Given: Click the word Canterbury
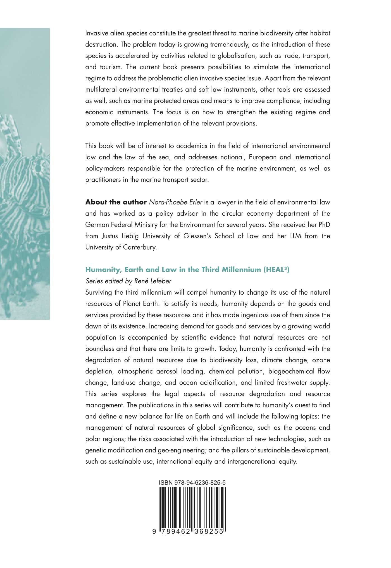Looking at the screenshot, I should click(x=140, y=247).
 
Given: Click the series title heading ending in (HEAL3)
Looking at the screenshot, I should click(x=187, y=270).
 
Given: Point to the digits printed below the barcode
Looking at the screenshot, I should click(x=192, y=531).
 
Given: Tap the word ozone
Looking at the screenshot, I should click(x=321, y=360).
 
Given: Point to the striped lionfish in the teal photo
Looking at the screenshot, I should click(x=22, y=181).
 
